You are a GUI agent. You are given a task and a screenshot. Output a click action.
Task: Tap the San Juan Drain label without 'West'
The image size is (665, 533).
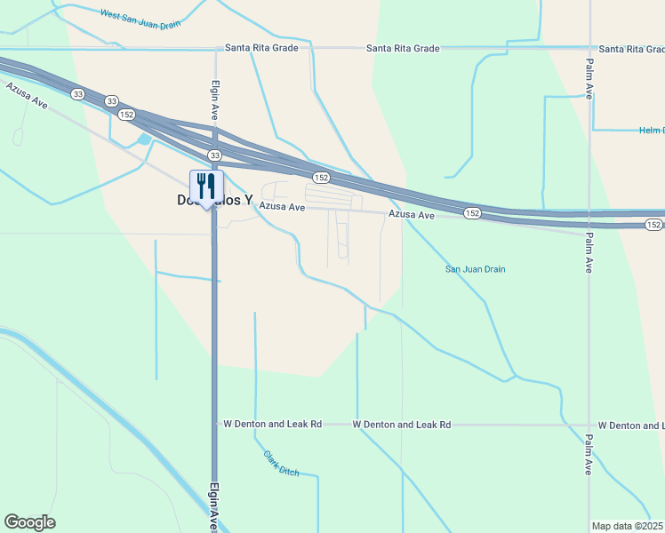pos(475,269)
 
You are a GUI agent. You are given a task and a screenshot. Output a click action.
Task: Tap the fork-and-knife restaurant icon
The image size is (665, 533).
pos(206,186)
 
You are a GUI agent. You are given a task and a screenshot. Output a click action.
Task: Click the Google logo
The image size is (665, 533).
pos(29,522)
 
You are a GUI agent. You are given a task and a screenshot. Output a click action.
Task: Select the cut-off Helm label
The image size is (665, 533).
pos(652,131)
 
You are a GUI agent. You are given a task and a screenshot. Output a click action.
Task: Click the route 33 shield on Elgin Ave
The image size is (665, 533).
pos(215,155)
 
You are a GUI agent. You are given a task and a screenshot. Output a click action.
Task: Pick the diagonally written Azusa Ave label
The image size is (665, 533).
pos(27,96)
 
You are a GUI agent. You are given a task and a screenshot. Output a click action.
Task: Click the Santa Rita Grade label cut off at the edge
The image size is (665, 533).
pos(630,49)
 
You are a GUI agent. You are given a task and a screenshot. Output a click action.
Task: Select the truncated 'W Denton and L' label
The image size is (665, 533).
pos(630,426)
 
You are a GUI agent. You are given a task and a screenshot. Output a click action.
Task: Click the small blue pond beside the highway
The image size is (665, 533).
pos(143,139)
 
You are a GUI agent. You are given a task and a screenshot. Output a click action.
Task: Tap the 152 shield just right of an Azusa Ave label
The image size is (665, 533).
pos(471,213)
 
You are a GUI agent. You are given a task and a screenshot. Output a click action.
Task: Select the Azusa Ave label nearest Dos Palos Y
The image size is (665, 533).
pos(282,207)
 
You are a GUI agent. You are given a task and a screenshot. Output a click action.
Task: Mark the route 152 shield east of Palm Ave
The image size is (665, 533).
pos(655,225)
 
